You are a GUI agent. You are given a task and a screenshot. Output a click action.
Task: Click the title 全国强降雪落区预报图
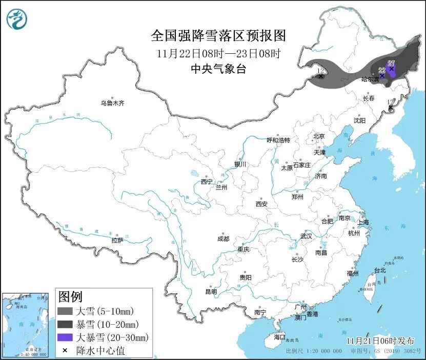coord(218,36)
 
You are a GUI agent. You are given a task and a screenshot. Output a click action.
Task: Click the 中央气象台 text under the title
coord(218,69)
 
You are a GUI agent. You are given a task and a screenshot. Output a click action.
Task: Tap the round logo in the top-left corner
coord(16,19)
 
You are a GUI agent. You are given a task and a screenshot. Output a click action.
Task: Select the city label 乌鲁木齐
coord(112,103)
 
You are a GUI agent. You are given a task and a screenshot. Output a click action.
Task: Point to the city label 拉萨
coord(117,240)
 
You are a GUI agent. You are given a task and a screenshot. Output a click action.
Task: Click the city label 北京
coord(319,136)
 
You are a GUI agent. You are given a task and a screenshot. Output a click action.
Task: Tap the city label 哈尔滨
coord(370,79)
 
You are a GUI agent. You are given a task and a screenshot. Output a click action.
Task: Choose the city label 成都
coord(223,239)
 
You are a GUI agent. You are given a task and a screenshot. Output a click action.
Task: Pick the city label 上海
coord(363,222)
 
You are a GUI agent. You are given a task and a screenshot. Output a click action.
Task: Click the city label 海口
coord(279,337)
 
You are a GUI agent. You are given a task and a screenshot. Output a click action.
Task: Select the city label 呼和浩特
coord(278,140)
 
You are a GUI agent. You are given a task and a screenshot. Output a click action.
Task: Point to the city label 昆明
coord(211,292)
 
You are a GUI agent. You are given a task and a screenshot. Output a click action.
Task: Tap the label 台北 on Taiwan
coord(379,270)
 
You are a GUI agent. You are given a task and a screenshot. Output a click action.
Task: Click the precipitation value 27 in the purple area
coord(391,63)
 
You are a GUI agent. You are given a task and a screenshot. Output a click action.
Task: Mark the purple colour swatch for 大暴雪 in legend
coord(65,337)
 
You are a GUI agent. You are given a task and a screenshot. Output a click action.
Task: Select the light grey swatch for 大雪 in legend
coord(65,311)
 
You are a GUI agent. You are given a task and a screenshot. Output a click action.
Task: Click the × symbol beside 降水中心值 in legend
coord(65,350)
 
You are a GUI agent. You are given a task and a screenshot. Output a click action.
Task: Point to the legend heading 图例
coord(70,297)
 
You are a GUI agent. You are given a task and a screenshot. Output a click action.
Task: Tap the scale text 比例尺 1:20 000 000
coord(314,351)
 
